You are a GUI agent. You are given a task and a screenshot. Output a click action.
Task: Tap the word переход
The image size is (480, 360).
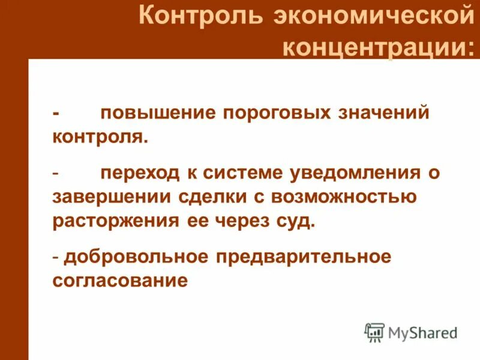pyautogui.click(x=140, y=173)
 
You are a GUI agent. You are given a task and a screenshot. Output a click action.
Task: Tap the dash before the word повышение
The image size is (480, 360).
pyautogui.click(x=56, y=113)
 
